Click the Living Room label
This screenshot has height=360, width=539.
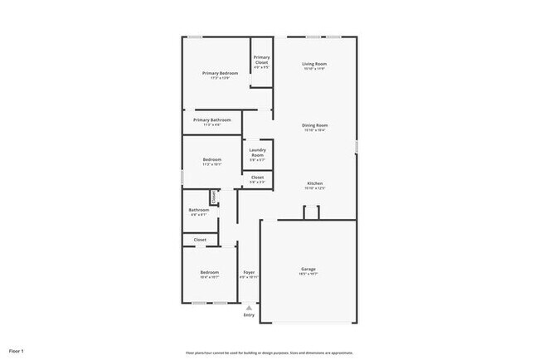(314, 64)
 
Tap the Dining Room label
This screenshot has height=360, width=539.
(314, 125)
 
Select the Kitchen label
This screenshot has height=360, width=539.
(314, 183)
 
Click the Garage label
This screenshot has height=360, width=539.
(308, 269)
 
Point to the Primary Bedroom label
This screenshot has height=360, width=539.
(221, 73)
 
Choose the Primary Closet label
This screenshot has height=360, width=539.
(261, 60)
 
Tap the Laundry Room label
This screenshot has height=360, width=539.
(257, 153)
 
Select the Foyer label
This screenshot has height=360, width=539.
(249, 273)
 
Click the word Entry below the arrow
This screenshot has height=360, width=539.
(249, 315)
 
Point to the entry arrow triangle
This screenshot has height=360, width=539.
(249, 307)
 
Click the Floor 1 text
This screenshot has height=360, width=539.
(16, 352)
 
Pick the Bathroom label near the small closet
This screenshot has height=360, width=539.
(198, 210)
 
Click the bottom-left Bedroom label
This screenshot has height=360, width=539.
(209, 273)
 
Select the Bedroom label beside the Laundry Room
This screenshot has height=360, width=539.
(211, 160)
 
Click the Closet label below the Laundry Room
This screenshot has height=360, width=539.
(257, 177)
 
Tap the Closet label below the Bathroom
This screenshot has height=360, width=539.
(200, 240)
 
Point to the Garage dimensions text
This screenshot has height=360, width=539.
(308, 274)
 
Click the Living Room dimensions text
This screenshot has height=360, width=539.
(314, 69)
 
